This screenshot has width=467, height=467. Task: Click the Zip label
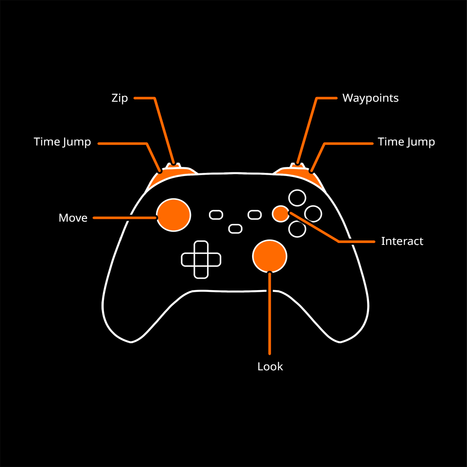(119, 98)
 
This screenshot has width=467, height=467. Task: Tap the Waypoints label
(370, 98)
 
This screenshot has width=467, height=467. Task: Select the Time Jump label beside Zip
(62, 142)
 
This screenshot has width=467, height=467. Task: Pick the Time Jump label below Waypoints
(406, 142)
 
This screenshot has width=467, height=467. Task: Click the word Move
(73, 218)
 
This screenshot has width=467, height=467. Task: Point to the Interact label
(402, 241)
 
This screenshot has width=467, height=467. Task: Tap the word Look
(270, 367)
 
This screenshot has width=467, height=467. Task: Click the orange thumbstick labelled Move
(173, 215)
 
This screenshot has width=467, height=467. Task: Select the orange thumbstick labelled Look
(270, 256)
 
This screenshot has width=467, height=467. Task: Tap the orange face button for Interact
(280, 213)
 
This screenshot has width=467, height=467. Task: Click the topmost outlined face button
(297, 198)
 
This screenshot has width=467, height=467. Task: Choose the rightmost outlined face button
(313, 213)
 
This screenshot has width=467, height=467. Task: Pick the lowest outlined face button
(297, 229)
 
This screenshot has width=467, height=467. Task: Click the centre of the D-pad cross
(201, 259)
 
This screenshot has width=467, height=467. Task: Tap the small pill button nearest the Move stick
(216, 215)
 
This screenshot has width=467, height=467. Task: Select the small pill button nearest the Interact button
(254, 214)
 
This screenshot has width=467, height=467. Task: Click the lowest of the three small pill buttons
(235, 228)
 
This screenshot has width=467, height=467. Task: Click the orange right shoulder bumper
(299, 175)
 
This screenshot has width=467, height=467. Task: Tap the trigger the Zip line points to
(173, 165)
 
